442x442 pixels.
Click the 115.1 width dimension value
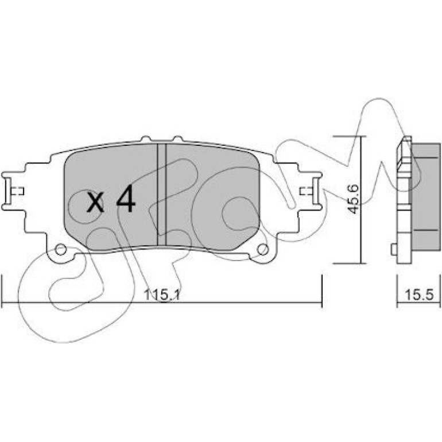pyautogui.click(x=162, y=295)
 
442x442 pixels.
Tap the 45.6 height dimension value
pyautogui.click(x=352, y=199)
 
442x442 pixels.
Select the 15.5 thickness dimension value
pyautogui.click(x=418, y=295)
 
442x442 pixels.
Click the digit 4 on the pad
pyautogui.click(x=126, y=198)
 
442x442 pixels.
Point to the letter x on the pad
pyautogui.click(x=95, y=202)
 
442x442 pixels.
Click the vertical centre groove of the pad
pyautogui.click(x=162, y=195)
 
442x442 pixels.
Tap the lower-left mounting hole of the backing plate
pyautogui.click(x=61, y=249)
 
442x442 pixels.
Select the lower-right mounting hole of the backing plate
pyautogui.click(x=262, y=249)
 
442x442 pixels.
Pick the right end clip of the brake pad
pyautogui.click(x=316, y=191)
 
